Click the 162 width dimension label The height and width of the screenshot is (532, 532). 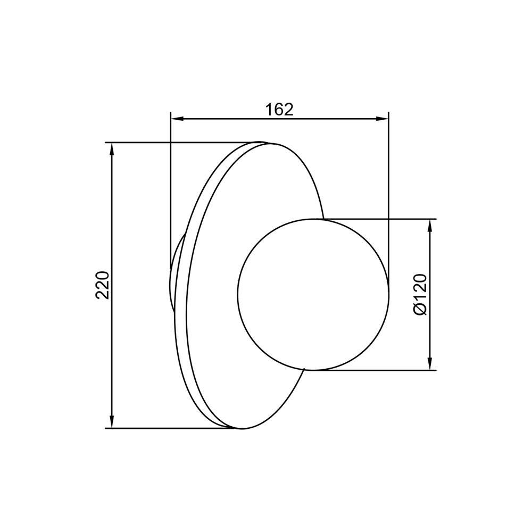(279, 109)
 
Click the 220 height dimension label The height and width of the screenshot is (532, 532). (103, 285)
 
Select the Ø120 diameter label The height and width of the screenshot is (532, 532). (420, 295)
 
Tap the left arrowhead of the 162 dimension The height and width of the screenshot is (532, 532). (177, 119)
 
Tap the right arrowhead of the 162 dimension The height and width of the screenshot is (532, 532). (382, 119)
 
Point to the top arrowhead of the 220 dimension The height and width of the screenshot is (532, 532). (112, 149)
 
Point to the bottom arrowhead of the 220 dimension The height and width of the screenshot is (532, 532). (112, 422)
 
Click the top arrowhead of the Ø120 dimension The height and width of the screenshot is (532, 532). (430, 226)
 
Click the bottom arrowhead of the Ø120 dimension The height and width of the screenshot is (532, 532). (430, 364)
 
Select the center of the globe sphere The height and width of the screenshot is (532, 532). (313, 294)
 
